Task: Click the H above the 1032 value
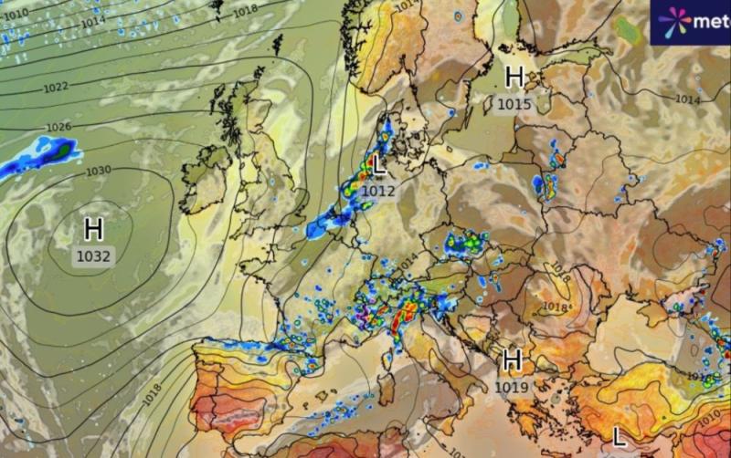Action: (x=93, y=228)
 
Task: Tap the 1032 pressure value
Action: (x=93, y=257)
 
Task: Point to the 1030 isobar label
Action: (x=98, y=171)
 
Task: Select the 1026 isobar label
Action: (x=58, y=127)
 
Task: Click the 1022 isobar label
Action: (x=56, y=88)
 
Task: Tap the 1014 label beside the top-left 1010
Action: (x=92, y=22)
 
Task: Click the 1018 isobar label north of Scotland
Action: (x=245, y=11)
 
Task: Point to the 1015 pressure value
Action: (x=514, y=104)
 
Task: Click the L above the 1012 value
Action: (x=379, y=165)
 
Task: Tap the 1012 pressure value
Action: (x=377, y=191)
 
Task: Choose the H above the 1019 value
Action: (x=512, y=360)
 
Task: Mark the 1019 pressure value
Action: (x=512, y=388)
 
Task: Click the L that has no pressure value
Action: (x=620, y=436)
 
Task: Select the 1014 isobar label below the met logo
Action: (x=687, y=99)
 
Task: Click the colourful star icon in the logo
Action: (x=674, y=22)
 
